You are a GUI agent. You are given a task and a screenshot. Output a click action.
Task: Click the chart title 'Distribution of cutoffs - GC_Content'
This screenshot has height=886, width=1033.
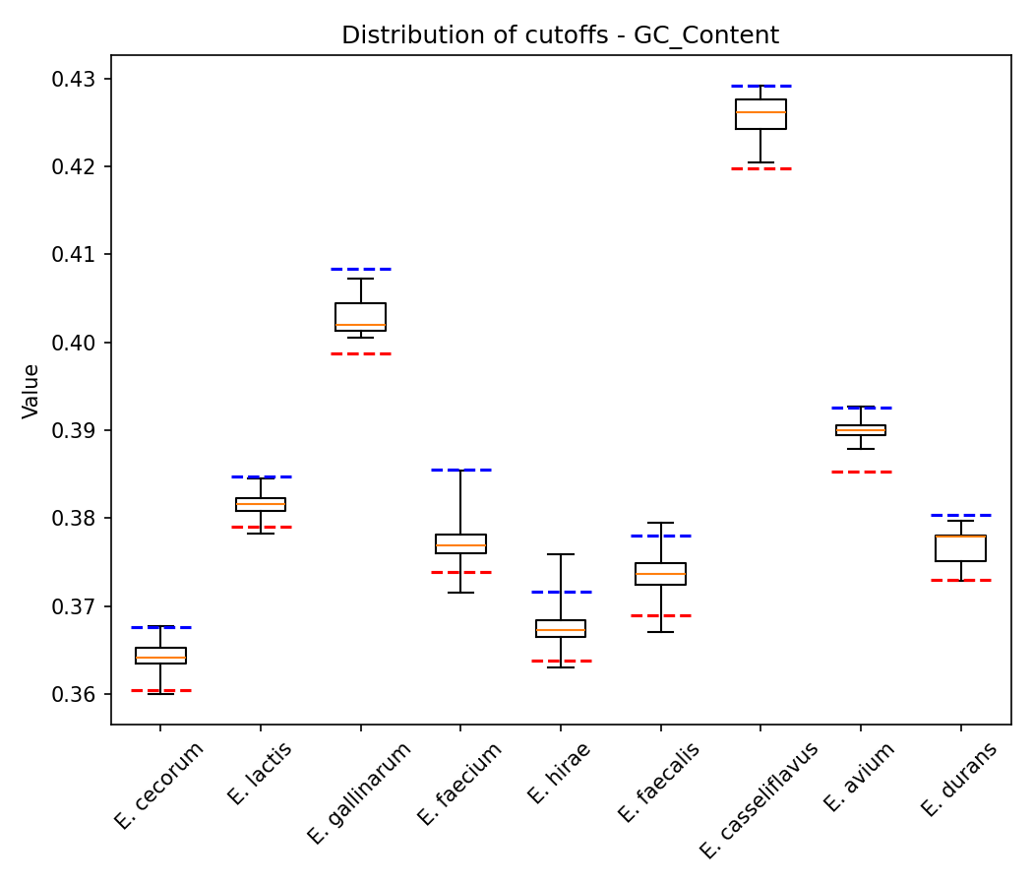(x=560, y=35)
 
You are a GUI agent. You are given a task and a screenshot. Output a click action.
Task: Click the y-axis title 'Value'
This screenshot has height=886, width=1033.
(x=31, y=391)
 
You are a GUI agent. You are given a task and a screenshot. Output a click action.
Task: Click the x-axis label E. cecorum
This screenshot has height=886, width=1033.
(x=159, y=785)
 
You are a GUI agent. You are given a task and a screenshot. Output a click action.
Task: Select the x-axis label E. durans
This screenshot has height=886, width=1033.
(x=959, y=779)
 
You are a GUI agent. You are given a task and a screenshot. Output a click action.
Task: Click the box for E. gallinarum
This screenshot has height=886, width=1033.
(x=360, y=317)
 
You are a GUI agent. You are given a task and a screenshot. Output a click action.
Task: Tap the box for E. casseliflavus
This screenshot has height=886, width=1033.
(x=760, y=114)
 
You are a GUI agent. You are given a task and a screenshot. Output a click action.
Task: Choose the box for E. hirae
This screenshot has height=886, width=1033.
(x=561, y=628)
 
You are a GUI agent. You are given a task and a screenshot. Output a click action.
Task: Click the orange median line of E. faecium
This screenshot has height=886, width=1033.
(x=460, y=545)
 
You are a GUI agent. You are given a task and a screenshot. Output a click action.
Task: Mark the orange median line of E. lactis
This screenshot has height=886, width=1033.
(x=261, y=504)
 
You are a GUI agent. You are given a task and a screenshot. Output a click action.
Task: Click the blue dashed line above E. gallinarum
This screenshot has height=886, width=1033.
(x=360, y=269)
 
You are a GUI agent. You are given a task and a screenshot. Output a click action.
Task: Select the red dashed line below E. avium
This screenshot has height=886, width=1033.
(x=861, y=472)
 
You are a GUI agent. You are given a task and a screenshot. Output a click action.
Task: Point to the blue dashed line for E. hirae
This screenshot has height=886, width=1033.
(x=561, y=592)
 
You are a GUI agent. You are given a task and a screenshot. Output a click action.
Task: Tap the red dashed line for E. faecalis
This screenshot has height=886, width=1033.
(x=660, y=615)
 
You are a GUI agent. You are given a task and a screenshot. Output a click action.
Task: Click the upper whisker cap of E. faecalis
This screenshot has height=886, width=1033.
(x=660, y=523)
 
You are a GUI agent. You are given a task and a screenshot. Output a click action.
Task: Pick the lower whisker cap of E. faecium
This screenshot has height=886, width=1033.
(x=460, y=593)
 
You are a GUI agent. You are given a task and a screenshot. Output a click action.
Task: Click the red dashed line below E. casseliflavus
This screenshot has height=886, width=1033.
(x=760, y=168)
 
